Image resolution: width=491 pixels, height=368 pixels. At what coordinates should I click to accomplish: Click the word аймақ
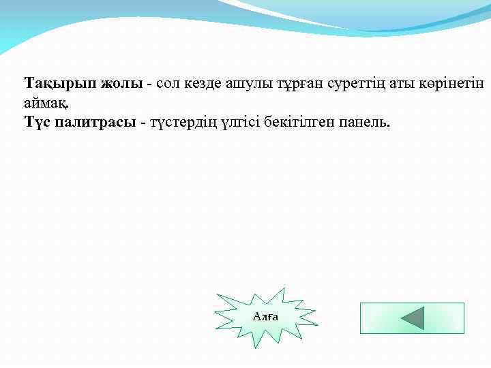pos(46,103)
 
